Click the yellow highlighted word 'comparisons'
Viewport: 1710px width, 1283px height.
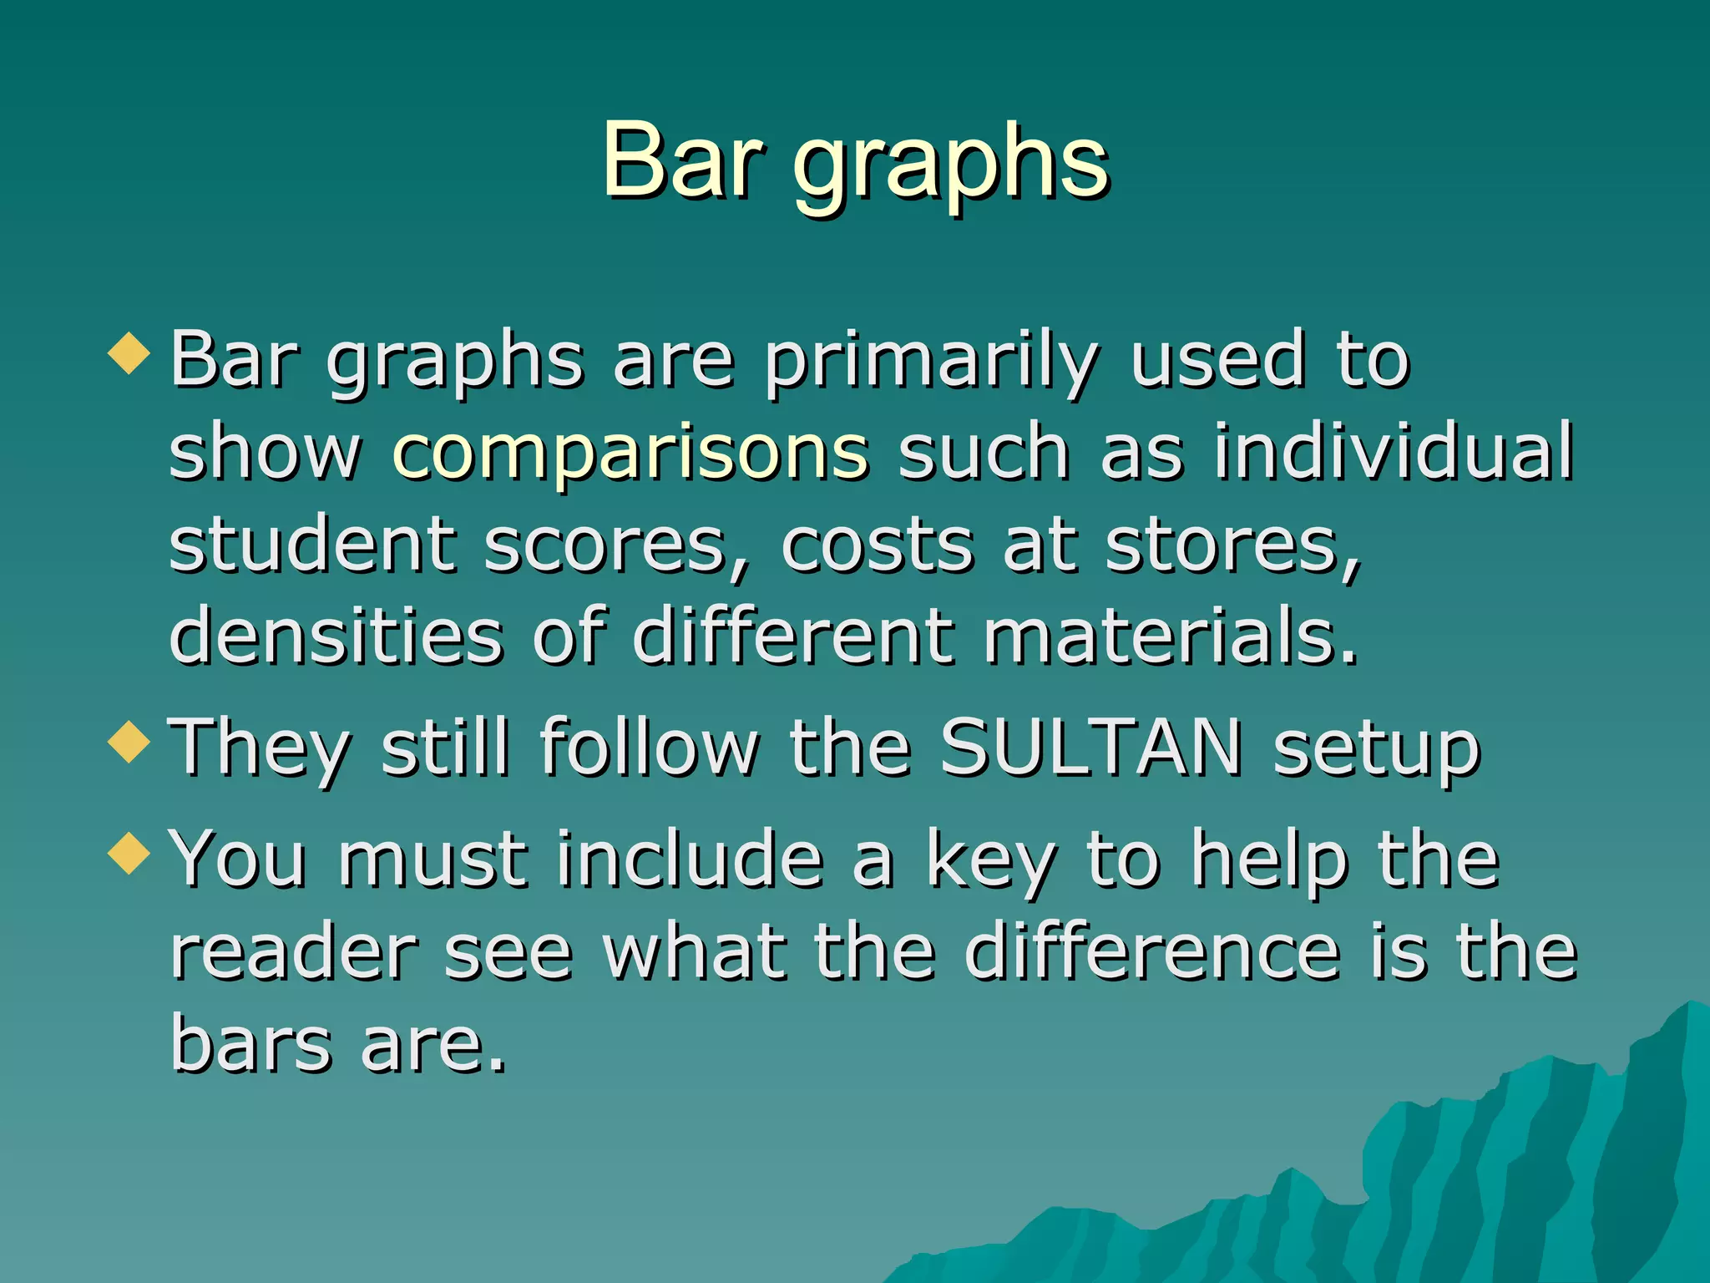coord(630,454)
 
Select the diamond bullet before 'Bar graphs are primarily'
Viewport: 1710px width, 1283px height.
coord(129,353)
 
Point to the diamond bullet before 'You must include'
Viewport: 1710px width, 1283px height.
coord(129,853)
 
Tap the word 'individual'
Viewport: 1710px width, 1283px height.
coord(1394,452)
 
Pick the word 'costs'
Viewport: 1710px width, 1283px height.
coord(877,545)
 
